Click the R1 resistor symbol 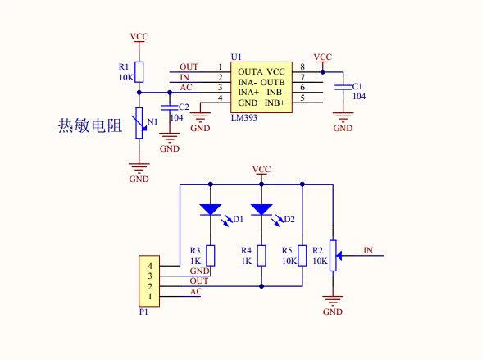tap(139, 72)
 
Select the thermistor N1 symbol tap(139, 123)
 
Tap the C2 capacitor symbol tap(170, 107)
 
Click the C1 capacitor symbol tap(343, 87)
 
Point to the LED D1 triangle tap(210, 210)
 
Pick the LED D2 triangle tap(261, 210)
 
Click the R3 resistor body tap(210, 256)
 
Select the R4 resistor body tap(261, 256)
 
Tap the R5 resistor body tap(302, 256)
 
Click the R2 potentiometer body tap(333, 256)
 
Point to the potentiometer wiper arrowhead tap(339, 256)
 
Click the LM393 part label tap(244, 117)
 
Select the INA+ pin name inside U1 tap(248, 92)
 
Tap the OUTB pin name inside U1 tap(273, 82)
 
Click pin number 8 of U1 tap(302, 66)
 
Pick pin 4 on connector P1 tap(150, 266)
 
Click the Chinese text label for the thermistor tap(90, 125)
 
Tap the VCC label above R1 tap(139, 37)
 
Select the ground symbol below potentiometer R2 tap(333, 300)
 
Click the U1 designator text tap(236, 57)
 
